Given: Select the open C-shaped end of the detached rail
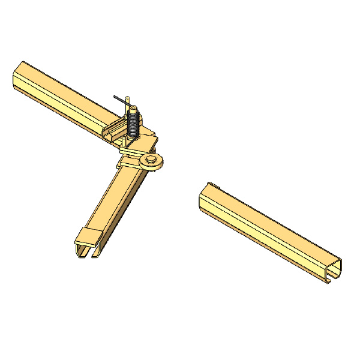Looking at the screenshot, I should coord(334,270).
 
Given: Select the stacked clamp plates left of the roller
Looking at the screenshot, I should coord(130,160).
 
